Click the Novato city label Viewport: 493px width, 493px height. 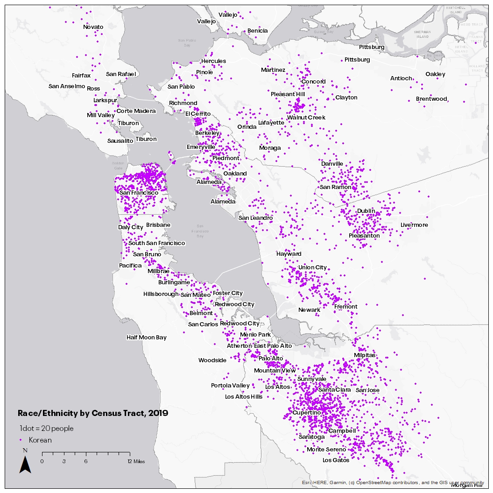(93, 27)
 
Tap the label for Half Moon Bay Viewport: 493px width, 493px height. (146, 338)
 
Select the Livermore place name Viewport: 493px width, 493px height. (414, 225)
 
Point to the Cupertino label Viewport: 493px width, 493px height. (306, 413)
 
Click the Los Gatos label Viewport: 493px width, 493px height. (336, 460)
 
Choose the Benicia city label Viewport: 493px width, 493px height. (258, 31)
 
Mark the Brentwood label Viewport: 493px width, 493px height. (431, 99)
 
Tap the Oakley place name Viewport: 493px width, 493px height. (435, 74)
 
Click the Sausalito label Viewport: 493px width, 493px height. (120, 141)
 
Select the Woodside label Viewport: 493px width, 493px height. (212, 360)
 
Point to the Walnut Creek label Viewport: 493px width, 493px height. (306, 118)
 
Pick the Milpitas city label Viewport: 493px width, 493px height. (365, 355)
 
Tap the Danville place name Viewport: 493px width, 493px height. (332, 164)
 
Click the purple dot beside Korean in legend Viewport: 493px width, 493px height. (21, 440)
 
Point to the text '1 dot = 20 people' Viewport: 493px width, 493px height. (46, 429)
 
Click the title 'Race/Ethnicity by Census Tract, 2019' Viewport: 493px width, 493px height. (93, 413)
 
